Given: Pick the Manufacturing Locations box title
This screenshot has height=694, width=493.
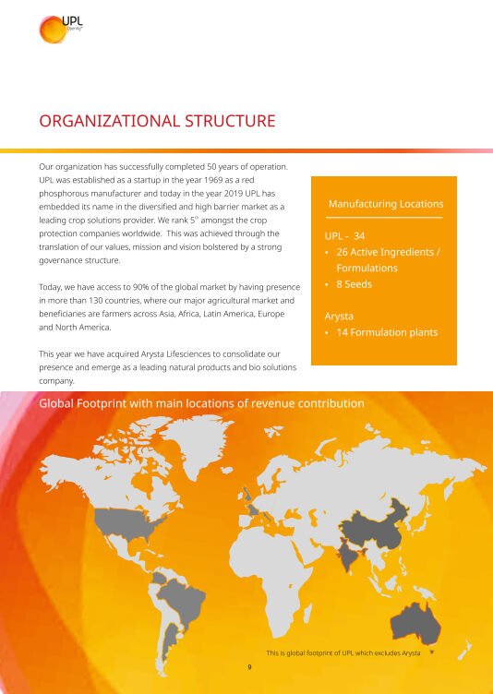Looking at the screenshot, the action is click(385, 204).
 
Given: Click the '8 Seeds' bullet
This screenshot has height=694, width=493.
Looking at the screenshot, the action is click(354, 284).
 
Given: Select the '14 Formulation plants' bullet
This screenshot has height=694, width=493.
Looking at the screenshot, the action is click(386, 332).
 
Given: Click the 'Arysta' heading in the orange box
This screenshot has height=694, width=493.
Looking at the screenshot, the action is click(339, 316).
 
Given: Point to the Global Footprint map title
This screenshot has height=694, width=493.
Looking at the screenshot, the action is click(201, 404).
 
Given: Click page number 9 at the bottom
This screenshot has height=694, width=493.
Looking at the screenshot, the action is click(248, 666).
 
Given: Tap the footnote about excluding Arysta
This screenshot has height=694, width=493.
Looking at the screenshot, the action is click(343, 653).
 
